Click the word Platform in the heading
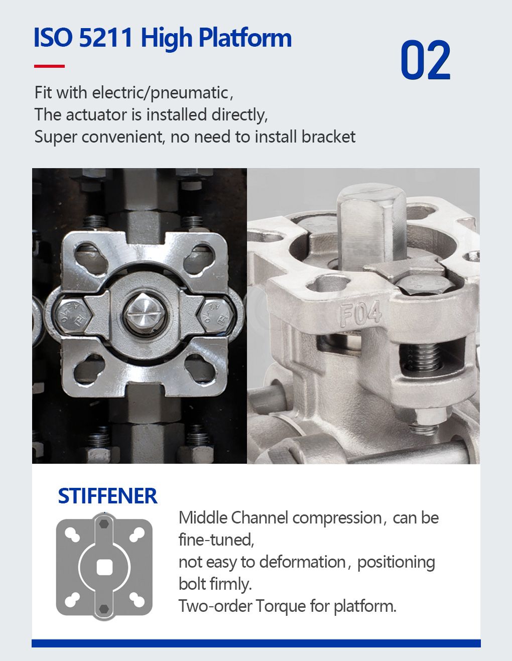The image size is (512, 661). [245, 38]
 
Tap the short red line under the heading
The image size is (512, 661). [49, 66]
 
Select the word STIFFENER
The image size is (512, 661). [107, 496]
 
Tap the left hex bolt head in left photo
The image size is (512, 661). [70, 315]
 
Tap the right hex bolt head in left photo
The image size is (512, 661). [215, 315]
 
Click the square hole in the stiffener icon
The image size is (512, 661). [104, 567]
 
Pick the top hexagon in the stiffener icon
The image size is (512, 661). [104, 523]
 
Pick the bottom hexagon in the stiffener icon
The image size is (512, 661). [104, 608]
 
